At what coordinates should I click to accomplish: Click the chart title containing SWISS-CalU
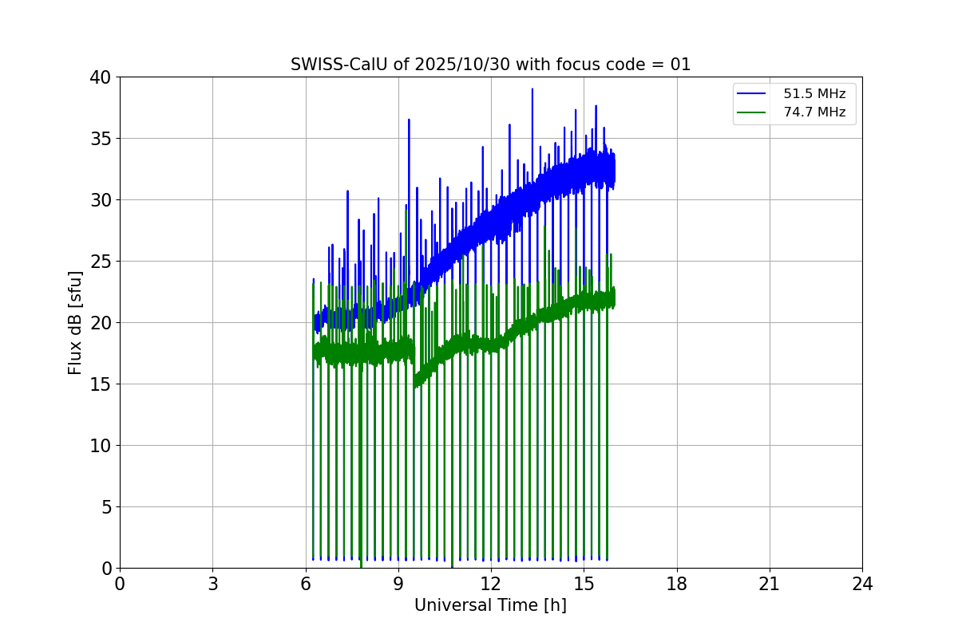(x=490, y=65)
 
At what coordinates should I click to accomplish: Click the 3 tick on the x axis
(x=212, y=584)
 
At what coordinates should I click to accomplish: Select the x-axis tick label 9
(x=398, y=584)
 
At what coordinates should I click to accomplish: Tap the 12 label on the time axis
(x=491, y=584)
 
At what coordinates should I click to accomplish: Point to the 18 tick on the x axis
(x=677, y=584)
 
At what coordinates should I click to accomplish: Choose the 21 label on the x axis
(x=770, y=584)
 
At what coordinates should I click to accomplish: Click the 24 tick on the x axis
(x=862, y=584)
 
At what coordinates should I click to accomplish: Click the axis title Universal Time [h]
(x=490, y=605)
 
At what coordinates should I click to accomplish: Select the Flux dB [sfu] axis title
(x=75, y=322)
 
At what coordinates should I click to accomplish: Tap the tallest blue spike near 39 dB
(x=532, y=90)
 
